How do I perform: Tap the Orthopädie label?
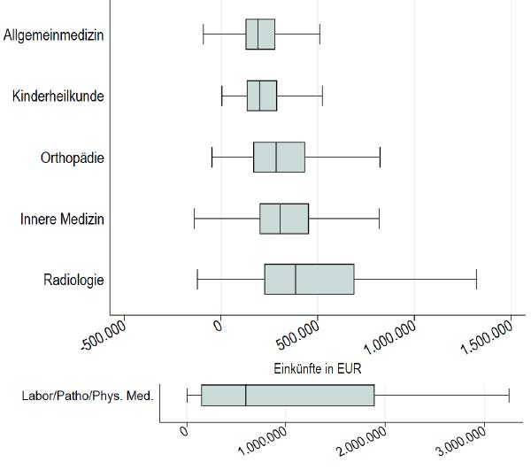point(73,158)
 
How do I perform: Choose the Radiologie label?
point(74,280)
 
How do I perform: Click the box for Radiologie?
point(309,279)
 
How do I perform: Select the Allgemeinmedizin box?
point(260,34)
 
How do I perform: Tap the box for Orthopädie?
point(279,157)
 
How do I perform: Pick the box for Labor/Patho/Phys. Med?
point(288,395)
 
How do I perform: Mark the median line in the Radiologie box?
point(296,279)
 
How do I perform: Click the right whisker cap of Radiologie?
point(476,279)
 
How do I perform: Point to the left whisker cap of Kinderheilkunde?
point(222,95)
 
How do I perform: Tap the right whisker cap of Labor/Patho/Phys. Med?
point(509,395)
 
